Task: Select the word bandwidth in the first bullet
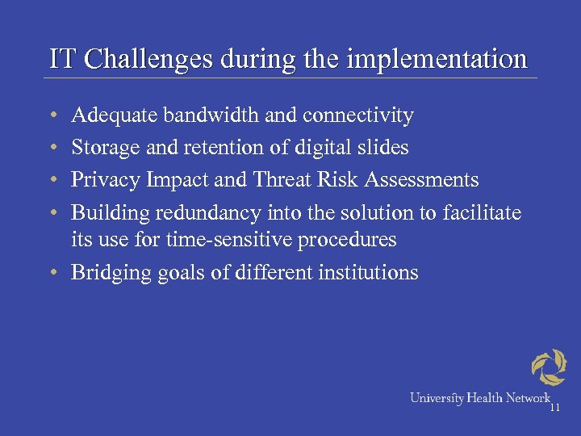point(211,116)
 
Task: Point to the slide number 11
point(554,408)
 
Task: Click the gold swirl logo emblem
point(549,367)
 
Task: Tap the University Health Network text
point(479,397)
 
